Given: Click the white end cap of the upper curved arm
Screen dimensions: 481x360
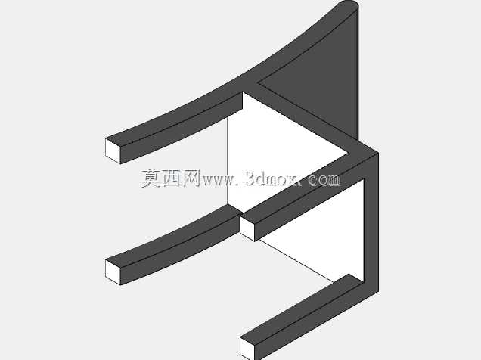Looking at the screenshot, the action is (x=113, y=151).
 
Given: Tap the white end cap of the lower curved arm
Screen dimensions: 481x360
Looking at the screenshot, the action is (x=113, y=272).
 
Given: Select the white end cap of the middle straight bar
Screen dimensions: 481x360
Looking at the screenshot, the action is (x=247, y=228).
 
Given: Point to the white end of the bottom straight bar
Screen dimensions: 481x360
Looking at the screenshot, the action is (x=247, y=349).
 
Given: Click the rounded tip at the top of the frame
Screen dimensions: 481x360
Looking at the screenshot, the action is (x=348, y=5).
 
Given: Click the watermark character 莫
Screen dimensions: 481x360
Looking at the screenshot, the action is (x=151, y=178).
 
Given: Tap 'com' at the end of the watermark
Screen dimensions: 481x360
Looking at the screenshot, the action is (x=324, y=180).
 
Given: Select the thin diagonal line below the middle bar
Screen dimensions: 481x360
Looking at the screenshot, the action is (x=296, y=261).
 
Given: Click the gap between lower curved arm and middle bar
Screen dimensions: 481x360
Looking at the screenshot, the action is (x=240, y=215).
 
